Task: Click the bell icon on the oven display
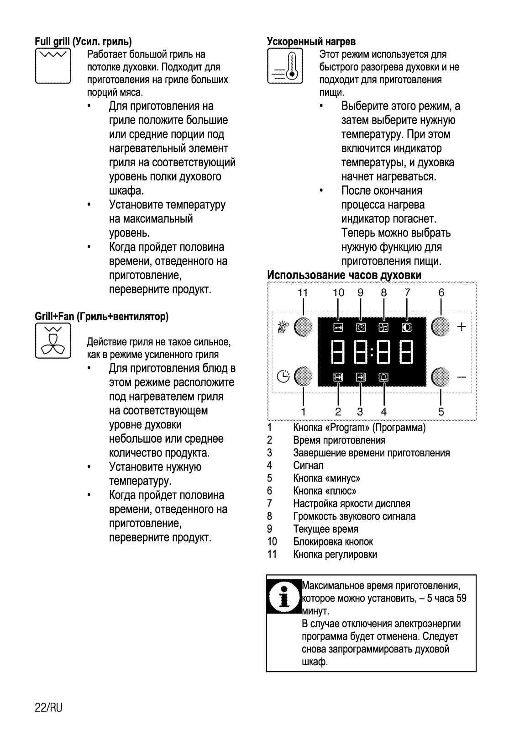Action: pos(383,377)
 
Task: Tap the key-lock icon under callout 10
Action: pos(338,327)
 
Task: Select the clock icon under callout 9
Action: pos(361,327)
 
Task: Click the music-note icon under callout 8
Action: pos(383,327)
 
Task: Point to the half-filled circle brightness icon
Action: pos(406,327)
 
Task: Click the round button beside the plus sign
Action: pos(441,327)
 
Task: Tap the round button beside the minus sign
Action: pos(441,377)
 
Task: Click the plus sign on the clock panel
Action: pos(462,327)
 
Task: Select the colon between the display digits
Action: pos(372,352)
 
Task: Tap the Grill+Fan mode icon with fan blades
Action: pos(52,340)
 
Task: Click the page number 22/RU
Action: pos(48,708)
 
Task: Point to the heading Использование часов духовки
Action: pos(344,275)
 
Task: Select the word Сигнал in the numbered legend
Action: pos(309,466)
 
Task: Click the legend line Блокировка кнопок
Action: pos(333,542)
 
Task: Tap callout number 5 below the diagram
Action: pos(441,412)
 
